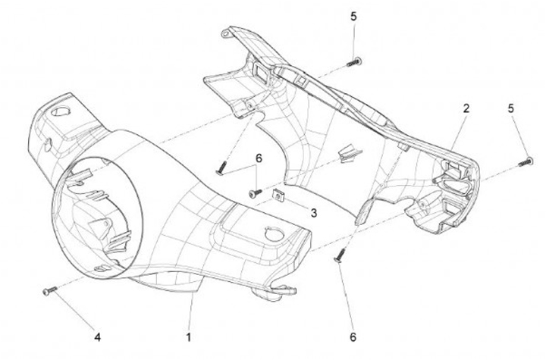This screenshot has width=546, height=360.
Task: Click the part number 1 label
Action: pos(188,337)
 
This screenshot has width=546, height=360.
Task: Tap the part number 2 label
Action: pos(466,108)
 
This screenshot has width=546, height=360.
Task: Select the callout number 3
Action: pos(314,213)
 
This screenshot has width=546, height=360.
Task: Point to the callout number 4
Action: pos(98,337)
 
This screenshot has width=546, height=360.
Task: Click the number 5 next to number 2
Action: pos(510,108)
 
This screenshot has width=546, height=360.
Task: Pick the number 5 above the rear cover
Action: pos(354,17)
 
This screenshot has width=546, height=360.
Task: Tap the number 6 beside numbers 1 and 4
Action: pos(353,337)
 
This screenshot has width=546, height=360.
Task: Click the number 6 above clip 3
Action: pos(259,158)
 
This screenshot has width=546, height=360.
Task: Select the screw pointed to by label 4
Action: pos(49,291)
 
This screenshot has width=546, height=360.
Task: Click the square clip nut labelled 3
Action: pos(278,196)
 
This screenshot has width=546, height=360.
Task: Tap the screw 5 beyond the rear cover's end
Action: pos(526,162)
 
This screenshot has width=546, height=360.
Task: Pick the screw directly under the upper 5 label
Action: pos(354,63)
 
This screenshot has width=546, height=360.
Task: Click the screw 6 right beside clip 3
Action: pos(256,193)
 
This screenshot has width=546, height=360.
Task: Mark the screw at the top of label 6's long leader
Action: pos(221,168)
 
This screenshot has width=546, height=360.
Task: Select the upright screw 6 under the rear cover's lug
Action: pos(340,255)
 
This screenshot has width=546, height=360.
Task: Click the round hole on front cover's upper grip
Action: pos(61,111)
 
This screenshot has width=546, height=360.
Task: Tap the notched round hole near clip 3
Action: pos(275,234)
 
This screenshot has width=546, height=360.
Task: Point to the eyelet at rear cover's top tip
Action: pos(226,34)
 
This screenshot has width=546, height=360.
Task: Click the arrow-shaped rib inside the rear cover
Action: pos(350,152)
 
